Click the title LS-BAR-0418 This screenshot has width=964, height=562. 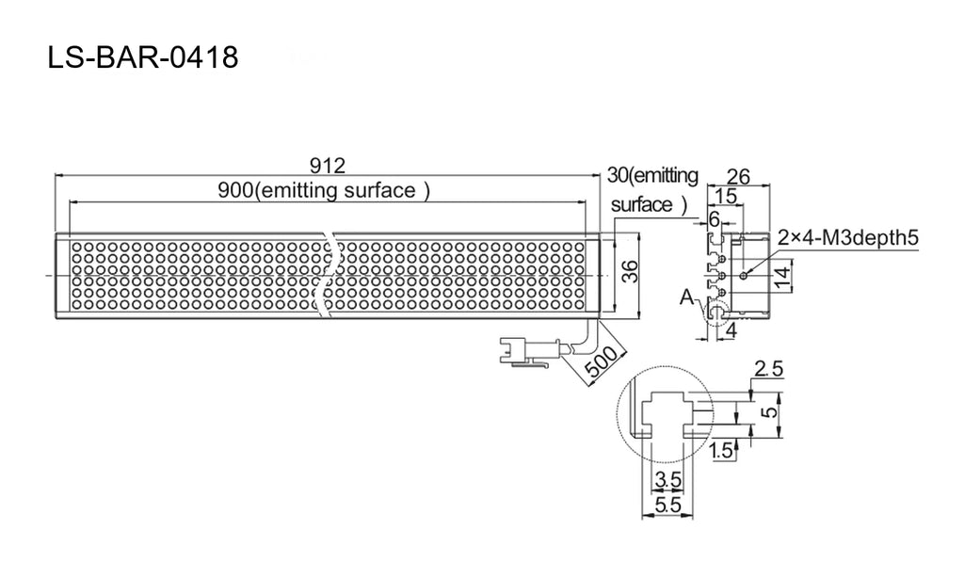pos(143,57)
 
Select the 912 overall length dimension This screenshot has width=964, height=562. pos(327,166)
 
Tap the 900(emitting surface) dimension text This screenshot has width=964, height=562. pos(324,190)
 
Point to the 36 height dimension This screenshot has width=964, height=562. pos(630,271)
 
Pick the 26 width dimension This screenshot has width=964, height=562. pos(738,176)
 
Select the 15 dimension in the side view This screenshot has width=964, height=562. pos(726,196)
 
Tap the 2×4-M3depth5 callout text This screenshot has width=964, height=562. pos(848,236)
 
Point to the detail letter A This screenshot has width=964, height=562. pos(686,297)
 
